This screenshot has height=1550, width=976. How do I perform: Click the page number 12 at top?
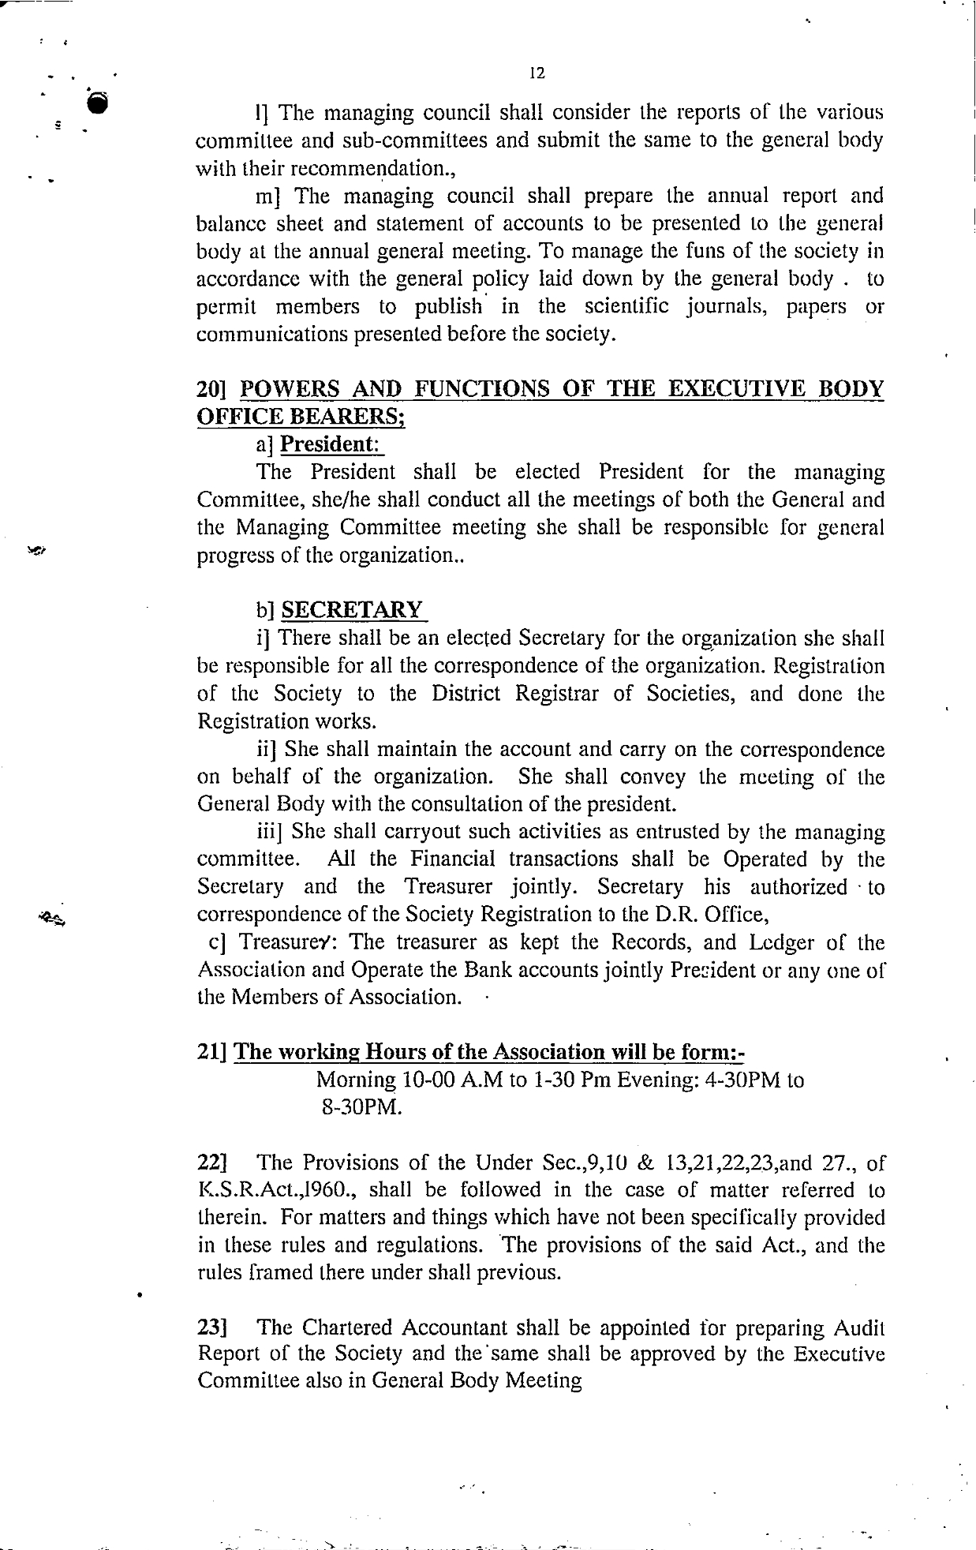coord(537,73)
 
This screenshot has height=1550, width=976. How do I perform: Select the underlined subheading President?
coord(330,444)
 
